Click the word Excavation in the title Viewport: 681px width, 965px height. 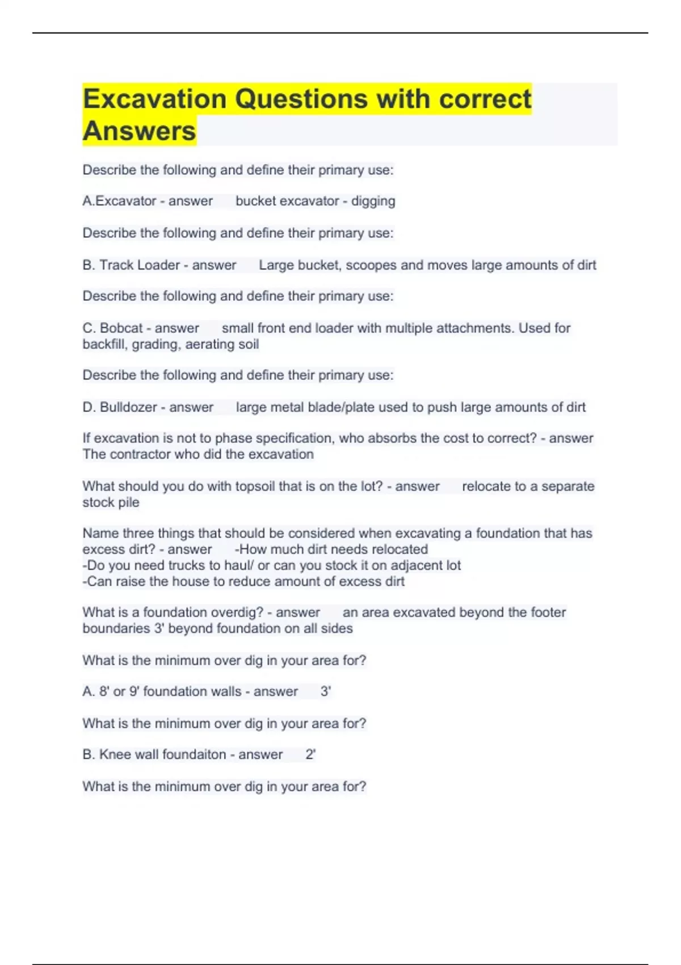pyautogui.click(x=154, y=99)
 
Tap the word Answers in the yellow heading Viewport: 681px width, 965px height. pyautogui.click(x=139, y=131)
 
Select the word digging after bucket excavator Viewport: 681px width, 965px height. pyautogui.click(x=373, y=201)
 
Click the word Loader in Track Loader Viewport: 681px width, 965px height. pyautogui.click(x=157, y=265)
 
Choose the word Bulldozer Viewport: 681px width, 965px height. pyautogui.click(x=128, y=407)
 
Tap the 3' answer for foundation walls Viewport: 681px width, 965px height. pyautogui.click(x=326, y=691)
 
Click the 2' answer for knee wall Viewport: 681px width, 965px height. pyautogui.click(x=310, y=754)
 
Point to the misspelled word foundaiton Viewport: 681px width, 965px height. pyautogui.click(x=194, y=754)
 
